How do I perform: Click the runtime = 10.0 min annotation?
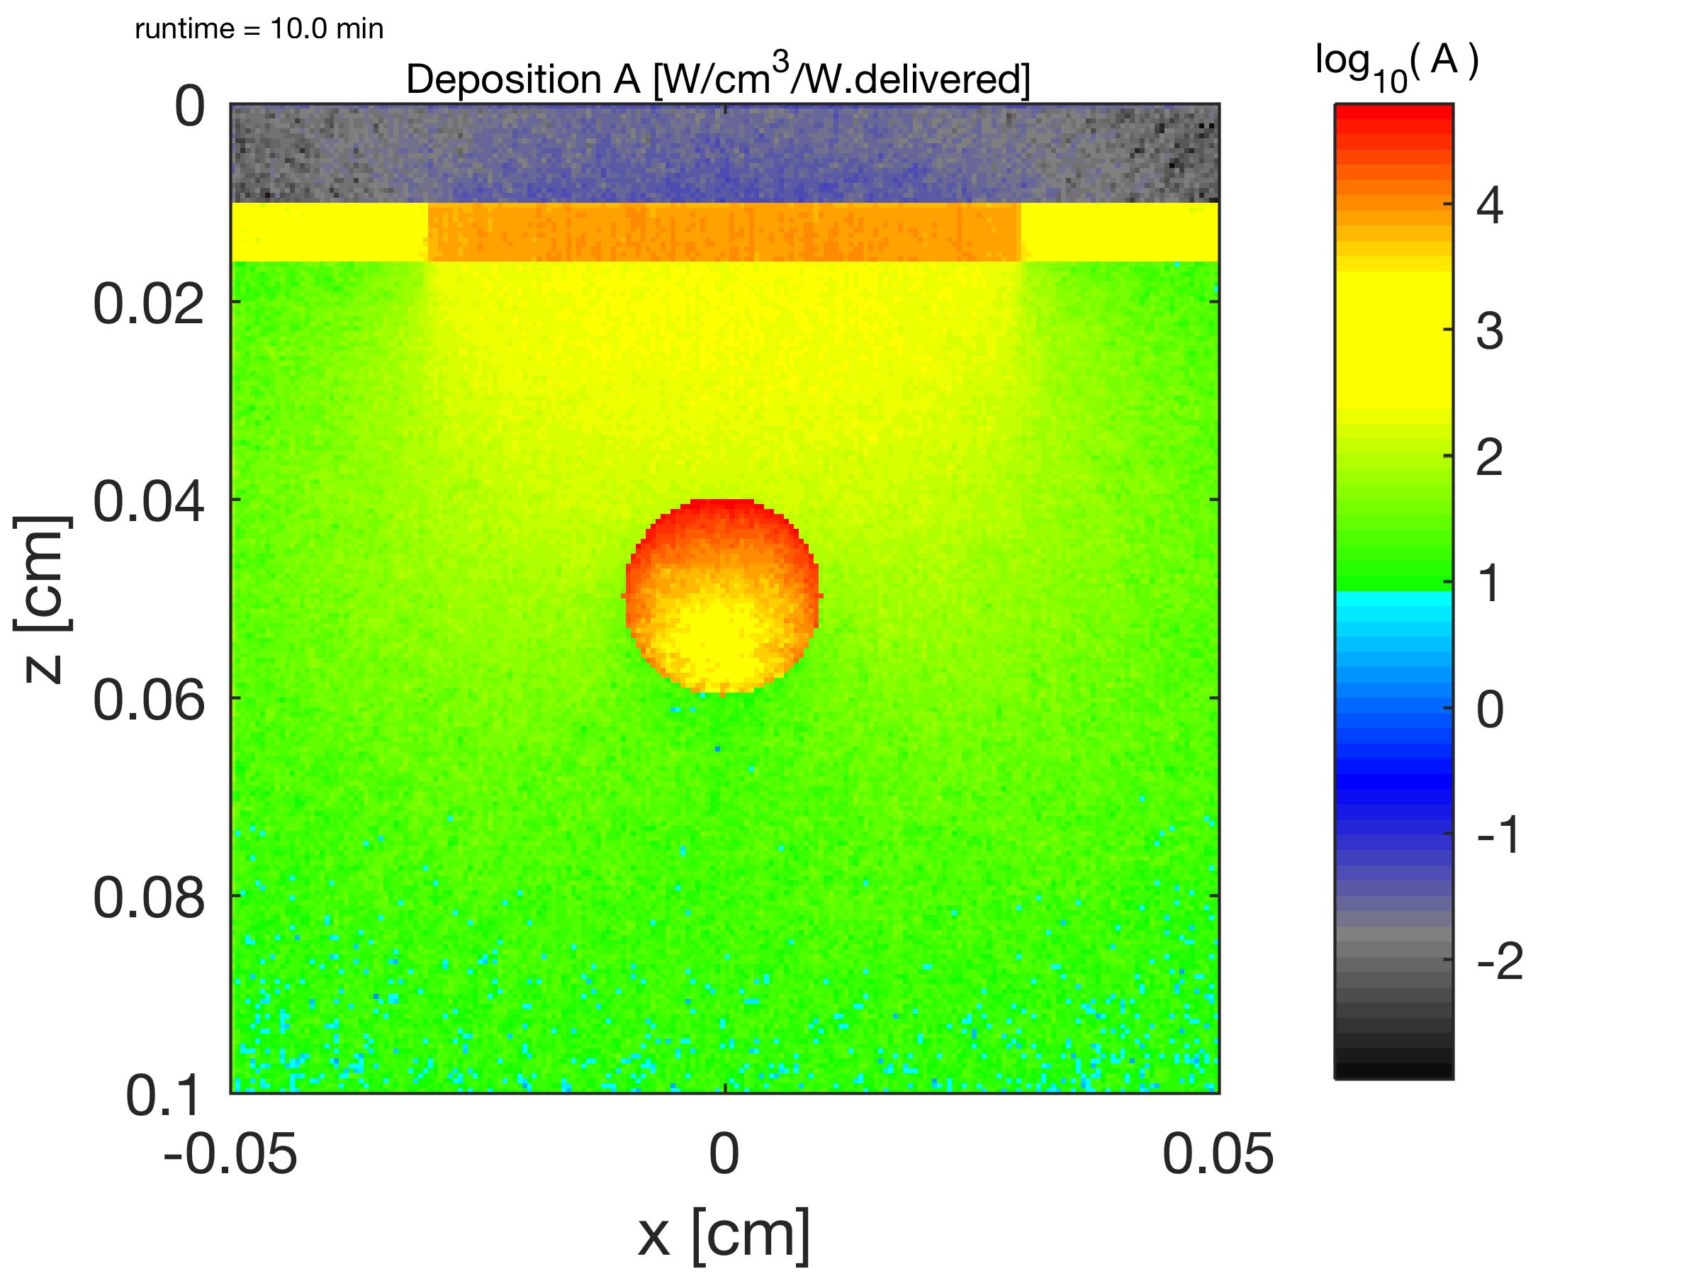click(259, 29)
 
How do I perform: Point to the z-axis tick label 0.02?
click(148, 304)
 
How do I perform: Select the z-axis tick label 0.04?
click(148, 501)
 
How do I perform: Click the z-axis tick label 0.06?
click(148, 700)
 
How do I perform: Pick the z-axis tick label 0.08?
click(148, 897)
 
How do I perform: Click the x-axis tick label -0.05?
click(230, 1153)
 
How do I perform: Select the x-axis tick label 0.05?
click(1218, 1153)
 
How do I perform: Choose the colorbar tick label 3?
click(1490, 332)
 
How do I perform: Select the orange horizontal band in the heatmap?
click(724, 233)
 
